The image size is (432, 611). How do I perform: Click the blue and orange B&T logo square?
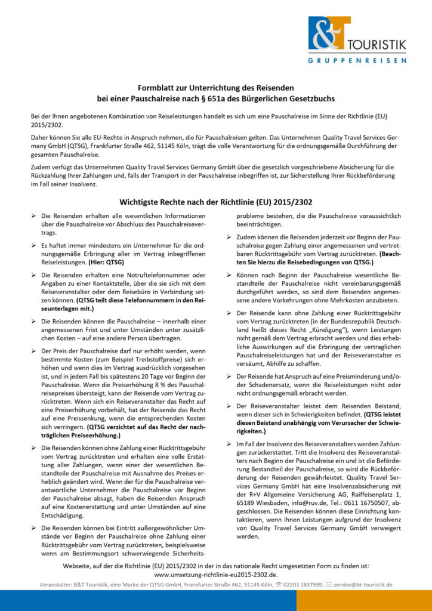(x=327, y=33)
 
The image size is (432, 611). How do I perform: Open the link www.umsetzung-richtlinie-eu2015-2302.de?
(x=216, y=573)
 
